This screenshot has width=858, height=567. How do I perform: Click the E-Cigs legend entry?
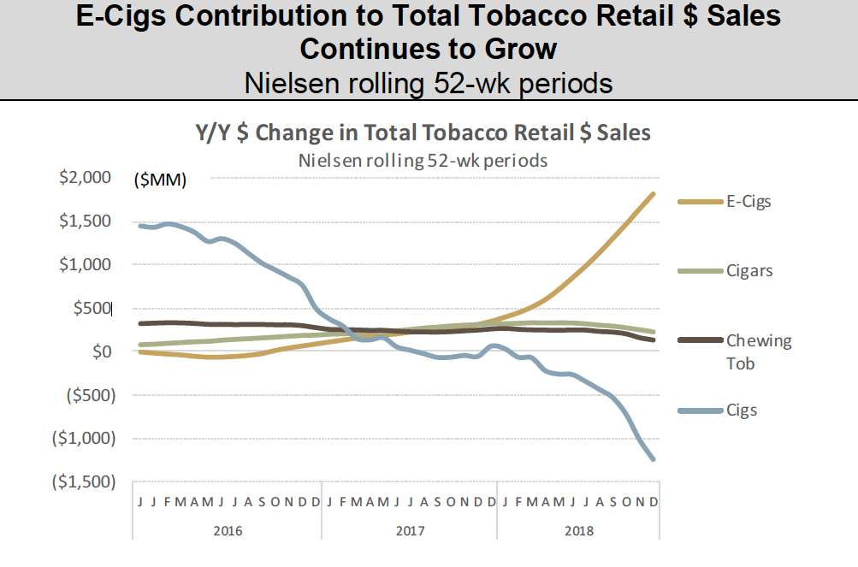tap(749, 202)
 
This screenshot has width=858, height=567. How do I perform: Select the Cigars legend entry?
tap(749, 271)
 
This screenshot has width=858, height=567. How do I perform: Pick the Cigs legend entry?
tap(742, 410)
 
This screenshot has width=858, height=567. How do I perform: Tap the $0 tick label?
tap(103, 351)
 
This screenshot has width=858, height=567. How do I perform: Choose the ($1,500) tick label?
tap(81, 481)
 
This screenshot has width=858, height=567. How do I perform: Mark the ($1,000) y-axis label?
tap(81, 438)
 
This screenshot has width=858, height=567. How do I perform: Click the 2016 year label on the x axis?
tap(228, 530)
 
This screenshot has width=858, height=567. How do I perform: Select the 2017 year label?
tap(410, 530)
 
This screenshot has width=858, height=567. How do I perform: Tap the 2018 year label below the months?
tap(579, 530)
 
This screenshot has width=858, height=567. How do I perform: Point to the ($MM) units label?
tap(159, 180)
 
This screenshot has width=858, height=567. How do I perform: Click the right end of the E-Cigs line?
tap(654, 194)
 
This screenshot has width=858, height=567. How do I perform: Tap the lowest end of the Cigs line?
tap(654, 459)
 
